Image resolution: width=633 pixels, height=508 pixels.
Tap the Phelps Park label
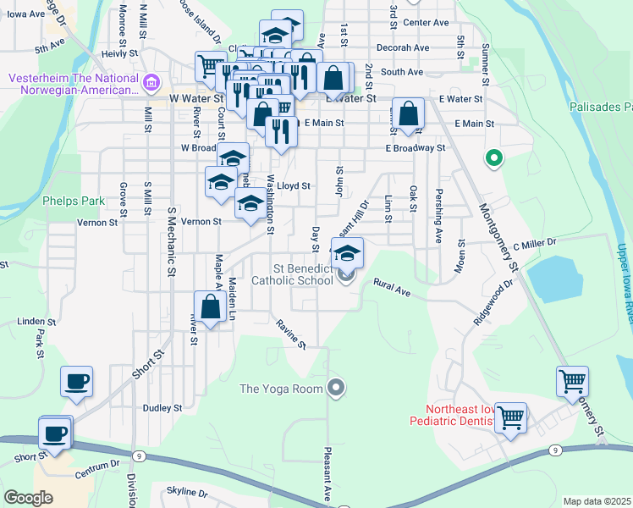pos(74,202)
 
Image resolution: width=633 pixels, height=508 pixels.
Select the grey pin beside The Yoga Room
pos(337,389)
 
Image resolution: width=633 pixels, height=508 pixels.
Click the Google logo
pos(28,498)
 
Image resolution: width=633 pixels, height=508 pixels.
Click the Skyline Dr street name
pos(187,492)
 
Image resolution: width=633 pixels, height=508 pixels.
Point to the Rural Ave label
pos(392,289)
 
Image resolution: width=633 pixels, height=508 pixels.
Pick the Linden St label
pos(36,323)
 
